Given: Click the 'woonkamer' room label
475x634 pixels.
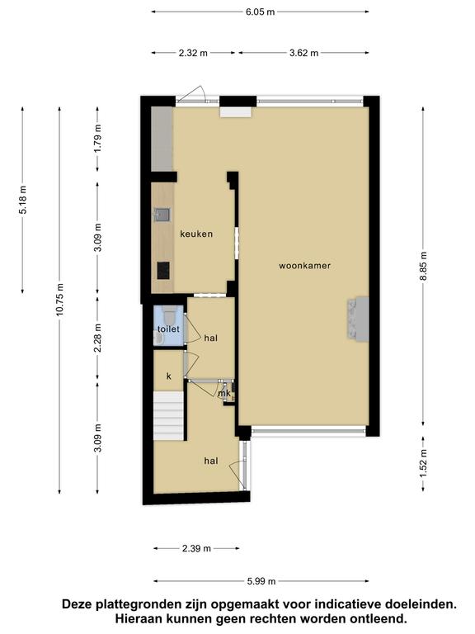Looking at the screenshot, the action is [x=304, y=266].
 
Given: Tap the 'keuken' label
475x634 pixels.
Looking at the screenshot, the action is [x=196, y=234].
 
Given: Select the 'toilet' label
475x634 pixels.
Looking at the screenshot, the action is [x=168, y=329].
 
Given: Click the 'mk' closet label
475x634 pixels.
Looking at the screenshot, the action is [x=224, y=393].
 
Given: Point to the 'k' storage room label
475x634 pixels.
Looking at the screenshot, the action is [x=169, y=376].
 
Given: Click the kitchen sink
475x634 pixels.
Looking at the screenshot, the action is [x=162, y=215].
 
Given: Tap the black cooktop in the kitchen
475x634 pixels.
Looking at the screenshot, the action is [x=163, y=271].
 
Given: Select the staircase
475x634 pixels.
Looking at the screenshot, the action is [x=169, y=415].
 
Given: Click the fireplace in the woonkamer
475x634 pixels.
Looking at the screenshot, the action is [x=357, y=319].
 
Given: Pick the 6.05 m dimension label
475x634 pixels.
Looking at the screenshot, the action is [x=260, y=12].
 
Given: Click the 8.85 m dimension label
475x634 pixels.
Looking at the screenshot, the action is [x=423, y=266].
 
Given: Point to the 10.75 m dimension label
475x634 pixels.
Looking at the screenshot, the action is [x=59, y=299].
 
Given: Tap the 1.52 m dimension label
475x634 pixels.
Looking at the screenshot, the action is [x=423, y=463].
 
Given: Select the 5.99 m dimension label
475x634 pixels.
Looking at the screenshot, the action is [x=261, y=581].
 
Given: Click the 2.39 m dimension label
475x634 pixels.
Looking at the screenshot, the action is [x=196, y=548].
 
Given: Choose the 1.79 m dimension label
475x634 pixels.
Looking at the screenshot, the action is [x=97, y=139].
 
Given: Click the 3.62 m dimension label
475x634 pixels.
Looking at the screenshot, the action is [x=303, y=53].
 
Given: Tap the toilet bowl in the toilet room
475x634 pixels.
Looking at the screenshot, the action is [x=169, y=314].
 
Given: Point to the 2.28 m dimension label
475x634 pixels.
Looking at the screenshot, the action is [x=97, y=338].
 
